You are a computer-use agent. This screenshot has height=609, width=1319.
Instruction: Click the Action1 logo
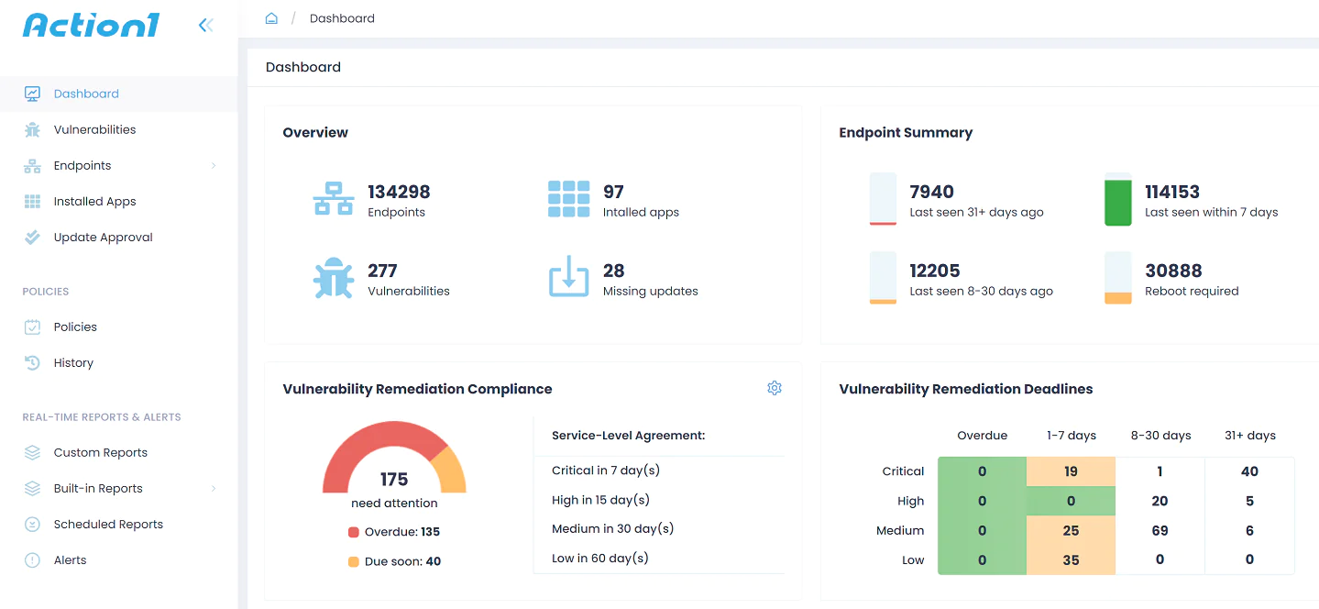coord(91,25)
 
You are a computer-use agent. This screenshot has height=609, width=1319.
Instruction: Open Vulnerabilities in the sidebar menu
coord(94,129)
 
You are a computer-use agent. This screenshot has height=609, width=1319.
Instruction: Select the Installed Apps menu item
coord(94,201)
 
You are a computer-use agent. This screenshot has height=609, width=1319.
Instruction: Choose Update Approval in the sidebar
coord(103,237)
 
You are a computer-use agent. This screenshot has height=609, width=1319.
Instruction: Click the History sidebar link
coord(73,362)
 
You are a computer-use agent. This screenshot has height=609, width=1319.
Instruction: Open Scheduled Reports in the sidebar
coord(108,524)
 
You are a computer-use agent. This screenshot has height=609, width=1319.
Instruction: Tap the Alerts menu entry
coord(70,559)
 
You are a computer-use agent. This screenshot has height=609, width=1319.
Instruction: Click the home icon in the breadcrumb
coord(271,18)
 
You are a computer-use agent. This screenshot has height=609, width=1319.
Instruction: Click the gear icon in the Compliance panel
coord(775,388)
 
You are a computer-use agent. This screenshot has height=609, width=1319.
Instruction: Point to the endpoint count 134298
coord(399,192)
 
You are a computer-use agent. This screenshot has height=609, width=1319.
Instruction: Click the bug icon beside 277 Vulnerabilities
coord(333,278)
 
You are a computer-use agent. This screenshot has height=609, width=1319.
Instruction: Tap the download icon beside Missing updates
coord(568,277)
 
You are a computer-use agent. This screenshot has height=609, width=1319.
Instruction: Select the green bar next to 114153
coord(1118,203)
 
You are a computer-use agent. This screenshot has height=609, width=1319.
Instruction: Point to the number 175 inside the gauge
coord(394,480)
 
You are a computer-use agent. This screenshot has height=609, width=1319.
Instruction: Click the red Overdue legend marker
coord(354,532)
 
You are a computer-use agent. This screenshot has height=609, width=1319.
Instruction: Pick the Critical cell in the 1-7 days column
coord(1071,471)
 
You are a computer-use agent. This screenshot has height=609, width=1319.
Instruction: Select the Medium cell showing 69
coord(1160,530)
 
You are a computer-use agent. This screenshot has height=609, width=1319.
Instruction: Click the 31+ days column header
coord(1249,436)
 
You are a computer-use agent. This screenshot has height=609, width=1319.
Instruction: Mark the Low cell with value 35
coord(1071,559)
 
